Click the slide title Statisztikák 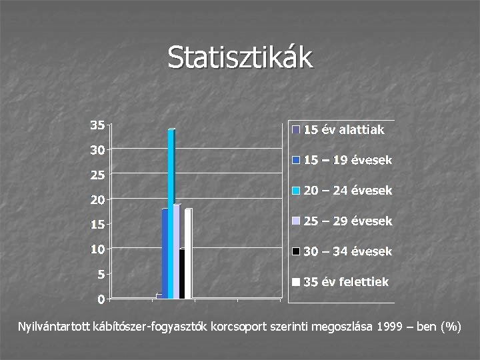(x=240, y=57)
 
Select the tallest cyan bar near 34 (x=171, y=213)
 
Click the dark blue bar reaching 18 (x=165, y=253)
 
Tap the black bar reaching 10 (x=182, y=273)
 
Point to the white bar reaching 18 (x=189, y=253)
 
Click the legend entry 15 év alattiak (x=343, y=130)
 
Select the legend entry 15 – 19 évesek (x=347, y=161)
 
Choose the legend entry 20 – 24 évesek (x=347, y=191)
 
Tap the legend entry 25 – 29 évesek (x=347, y=221)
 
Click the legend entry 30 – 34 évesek (x=347, y=252)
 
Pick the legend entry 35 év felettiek (x=345, y=282)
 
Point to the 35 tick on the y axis (x=97, y=125)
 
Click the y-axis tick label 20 (x=97, y=199)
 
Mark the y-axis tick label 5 (x=100, y=274)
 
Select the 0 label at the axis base (x=100, y=299)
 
